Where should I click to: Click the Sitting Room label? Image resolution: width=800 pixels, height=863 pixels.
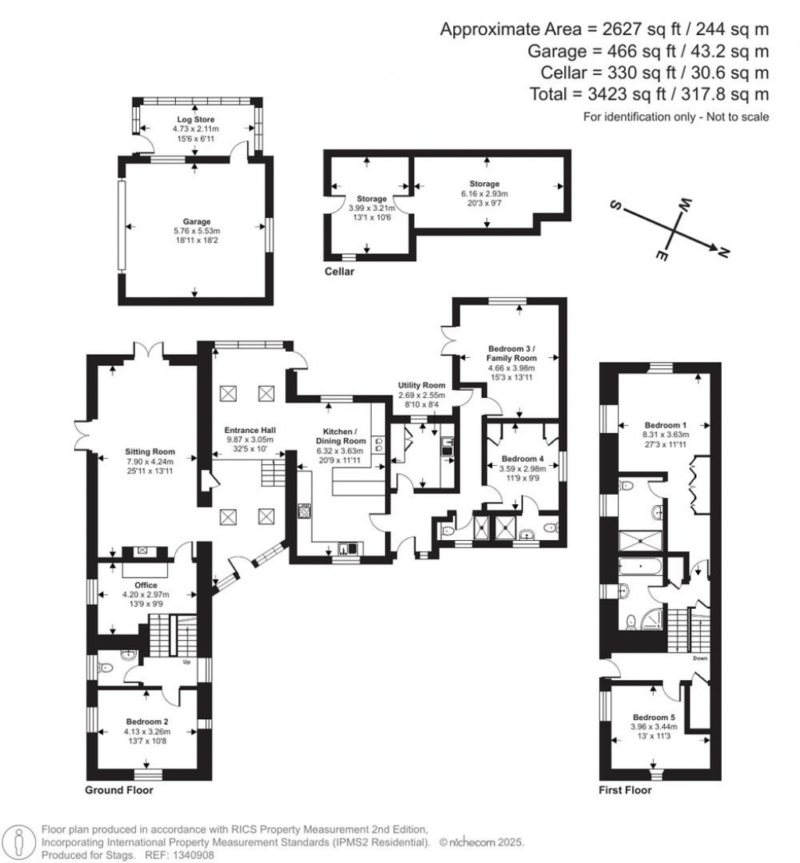(149, 452)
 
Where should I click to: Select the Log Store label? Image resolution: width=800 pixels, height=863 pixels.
(195, 119)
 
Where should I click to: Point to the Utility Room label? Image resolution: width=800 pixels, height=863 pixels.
(421, 385)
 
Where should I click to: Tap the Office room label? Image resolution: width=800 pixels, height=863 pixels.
(146, 585)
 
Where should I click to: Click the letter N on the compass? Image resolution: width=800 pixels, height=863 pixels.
(723, 252)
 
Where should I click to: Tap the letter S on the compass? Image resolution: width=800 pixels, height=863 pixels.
(616, 207)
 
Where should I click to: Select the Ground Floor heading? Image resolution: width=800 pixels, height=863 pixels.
(119, 790)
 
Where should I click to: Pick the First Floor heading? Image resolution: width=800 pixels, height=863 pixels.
(625, 790)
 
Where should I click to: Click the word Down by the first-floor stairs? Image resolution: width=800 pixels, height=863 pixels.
(699, 658)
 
